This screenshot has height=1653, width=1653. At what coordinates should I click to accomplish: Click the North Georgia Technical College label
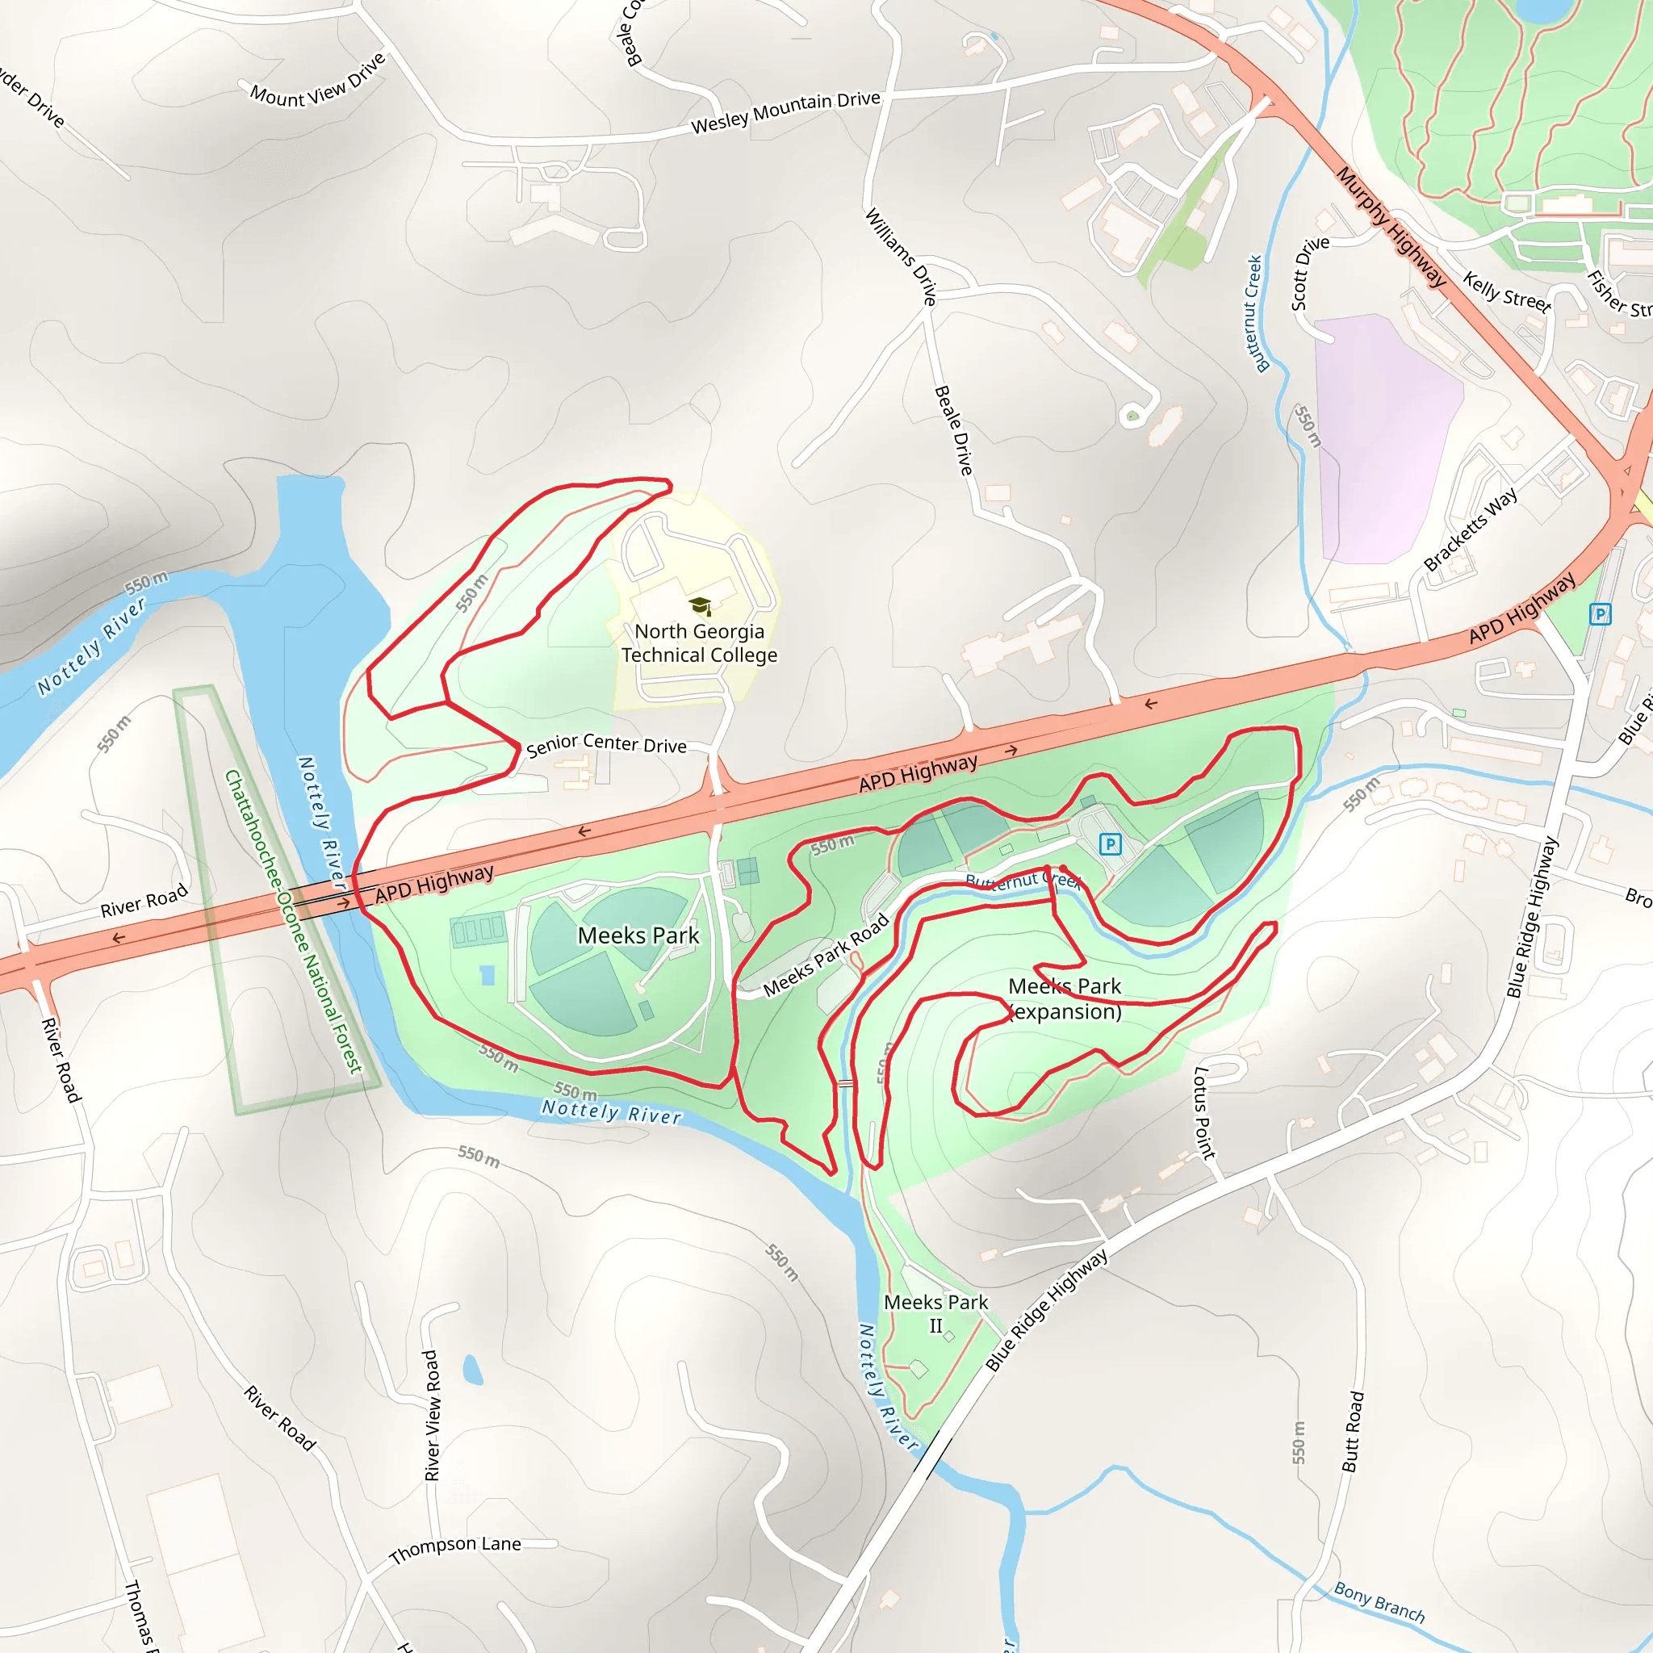tap(699, 643)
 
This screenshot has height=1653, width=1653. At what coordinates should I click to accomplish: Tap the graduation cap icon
tap(701, 607)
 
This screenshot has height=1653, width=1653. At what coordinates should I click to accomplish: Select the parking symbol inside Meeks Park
tap(1110, 844)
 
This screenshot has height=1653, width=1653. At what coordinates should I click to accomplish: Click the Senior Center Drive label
tap(606, 744)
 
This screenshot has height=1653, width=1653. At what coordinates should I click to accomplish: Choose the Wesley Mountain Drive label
tap(785, 112)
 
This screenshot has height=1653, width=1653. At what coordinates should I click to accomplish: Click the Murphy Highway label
tap(1391, 227)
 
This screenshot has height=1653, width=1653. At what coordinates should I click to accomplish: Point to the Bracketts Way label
tap(1470, 529)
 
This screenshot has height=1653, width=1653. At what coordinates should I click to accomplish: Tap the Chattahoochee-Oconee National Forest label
tap(294, 921)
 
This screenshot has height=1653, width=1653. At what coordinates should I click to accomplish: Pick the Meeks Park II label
tap(935, 1313)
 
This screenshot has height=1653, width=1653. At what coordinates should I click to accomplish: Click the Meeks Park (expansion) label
tap(1065, 998)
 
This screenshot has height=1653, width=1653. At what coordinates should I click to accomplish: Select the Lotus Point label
tap(1203, 1112)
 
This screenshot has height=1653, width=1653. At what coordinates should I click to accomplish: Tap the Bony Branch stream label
tap(1379, 1602)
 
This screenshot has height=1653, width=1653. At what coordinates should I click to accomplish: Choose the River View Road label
tap(432, 1415)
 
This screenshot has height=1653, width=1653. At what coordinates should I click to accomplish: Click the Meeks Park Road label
tap(826, 955)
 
